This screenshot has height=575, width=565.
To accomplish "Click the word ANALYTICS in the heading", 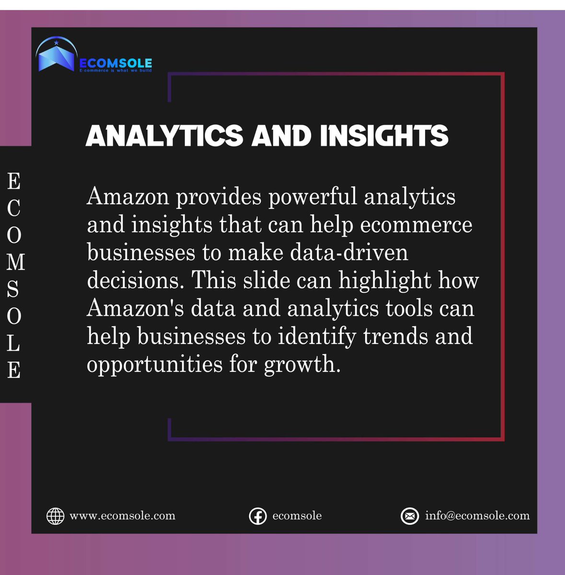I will click(x=164, y=136).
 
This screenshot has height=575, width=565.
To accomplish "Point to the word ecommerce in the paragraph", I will click(x=416, y=225).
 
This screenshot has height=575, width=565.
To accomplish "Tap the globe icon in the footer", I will click(x=55, y=516).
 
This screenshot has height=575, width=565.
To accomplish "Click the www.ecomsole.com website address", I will click(x=122, y=516).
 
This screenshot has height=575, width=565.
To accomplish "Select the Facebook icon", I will click(x=258, y=516).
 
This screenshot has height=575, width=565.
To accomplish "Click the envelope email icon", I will click(x=410, y=516).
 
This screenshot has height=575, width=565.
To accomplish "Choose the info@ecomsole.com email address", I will click(x=477, y=516).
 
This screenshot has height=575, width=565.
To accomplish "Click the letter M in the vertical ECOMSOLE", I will click(x=14, y=262).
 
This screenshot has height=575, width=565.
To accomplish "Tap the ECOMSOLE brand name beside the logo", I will click(x=115, y=63).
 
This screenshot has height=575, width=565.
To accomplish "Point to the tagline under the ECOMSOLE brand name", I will click(x=115, y=70).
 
